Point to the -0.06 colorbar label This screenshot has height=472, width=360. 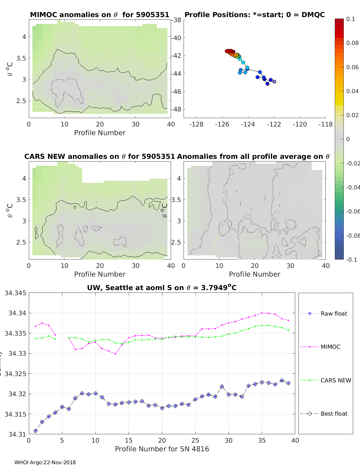pyautogui.click(x=352, y=211)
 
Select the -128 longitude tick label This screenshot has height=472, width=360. pyautogui.click(x=196, y=124)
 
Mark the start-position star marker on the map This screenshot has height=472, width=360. pyautogui.click(x=274, y=82)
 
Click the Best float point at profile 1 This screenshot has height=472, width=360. pyautogui.click(x=36, y=431)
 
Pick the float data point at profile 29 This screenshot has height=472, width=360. pyautogui.click(x=222, y=387)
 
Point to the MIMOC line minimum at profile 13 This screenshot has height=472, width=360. pyautogui.click(x=115, y=354)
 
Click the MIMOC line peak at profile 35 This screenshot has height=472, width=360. pyautogui.click(x=262, y=313)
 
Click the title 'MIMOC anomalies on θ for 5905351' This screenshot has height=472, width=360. pyautogui.click(x=100, y=15)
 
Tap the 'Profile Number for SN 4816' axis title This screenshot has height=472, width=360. pyautogui.click(x=162, y=449)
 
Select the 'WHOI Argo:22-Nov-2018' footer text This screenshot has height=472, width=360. pyautogui.click(x=45, y=462)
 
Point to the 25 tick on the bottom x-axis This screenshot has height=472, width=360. pyautogui.click(x=195, y=440)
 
